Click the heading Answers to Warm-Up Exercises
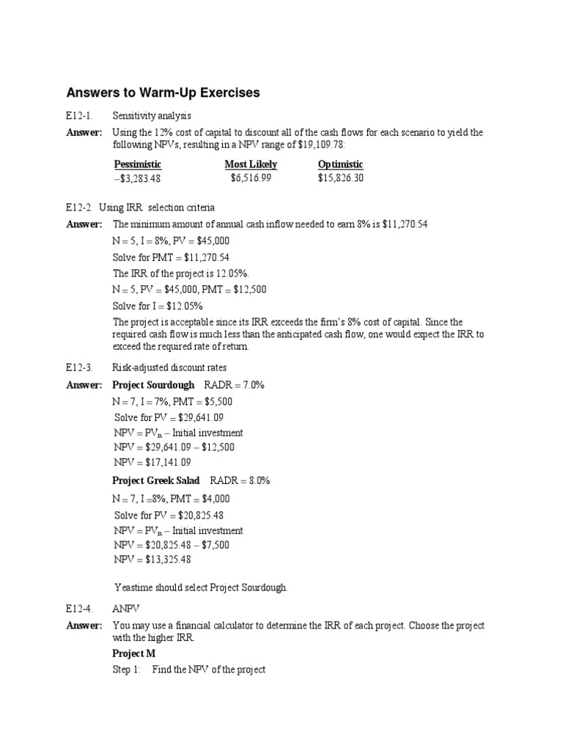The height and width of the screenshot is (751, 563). pos(163,93)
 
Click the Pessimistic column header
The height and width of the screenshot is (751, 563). pos(138,164)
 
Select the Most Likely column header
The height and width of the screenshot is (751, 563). pos(251,164)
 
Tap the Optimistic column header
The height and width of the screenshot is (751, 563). pos(340,164)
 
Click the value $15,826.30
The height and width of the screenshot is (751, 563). pos(341,178)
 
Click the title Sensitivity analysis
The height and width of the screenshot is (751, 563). pos(151,116)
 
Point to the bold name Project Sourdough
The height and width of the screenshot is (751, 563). pos(153,385)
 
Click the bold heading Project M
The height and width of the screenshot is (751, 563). pos(133,653)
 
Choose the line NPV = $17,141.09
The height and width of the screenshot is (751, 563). pos(152,462)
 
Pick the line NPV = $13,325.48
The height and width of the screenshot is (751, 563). pos(152,560)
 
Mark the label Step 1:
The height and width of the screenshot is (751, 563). pos(126,670)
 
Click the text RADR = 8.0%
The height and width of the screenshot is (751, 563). pos(240,481)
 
